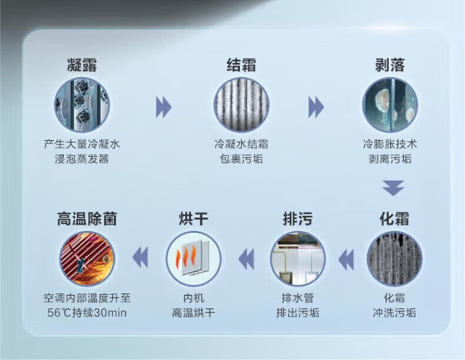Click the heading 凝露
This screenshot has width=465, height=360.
click(x=82, y=65)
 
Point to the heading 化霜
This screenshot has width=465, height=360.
click(x=394, y=220)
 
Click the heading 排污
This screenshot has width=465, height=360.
click(x=297, y=220)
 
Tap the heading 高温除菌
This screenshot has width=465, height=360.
click(x=87, y=220)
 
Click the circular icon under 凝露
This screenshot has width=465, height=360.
click(x=82, y=106)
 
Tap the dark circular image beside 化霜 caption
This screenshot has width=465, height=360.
click(x=394, y=259)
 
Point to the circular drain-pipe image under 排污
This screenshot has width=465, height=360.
click(x=297, y=259)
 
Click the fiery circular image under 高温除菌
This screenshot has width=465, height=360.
click(x=87, y=259)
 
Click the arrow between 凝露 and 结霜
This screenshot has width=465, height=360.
click(x=163, y=107)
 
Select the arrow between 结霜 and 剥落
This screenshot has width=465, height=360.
click(x=316, y=107)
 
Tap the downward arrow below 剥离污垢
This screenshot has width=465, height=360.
click(x=392, y=187)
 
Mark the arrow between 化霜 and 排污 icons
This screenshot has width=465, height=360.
click(x=346, y=258)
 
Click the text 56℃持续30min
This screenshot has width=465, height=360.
click(x=87, y=312)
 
